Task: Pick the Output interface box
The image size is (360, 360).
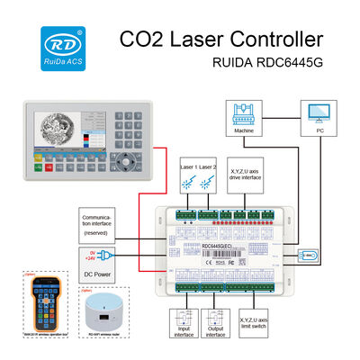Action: point(217,323)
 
